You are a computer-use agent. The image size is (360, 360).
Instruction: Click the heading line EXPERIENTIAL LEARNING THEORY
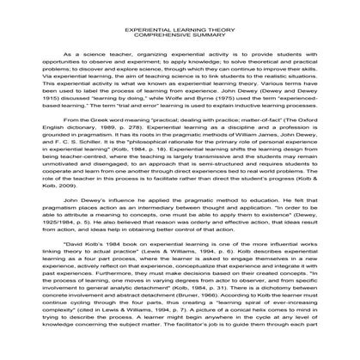click(180, 27)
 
